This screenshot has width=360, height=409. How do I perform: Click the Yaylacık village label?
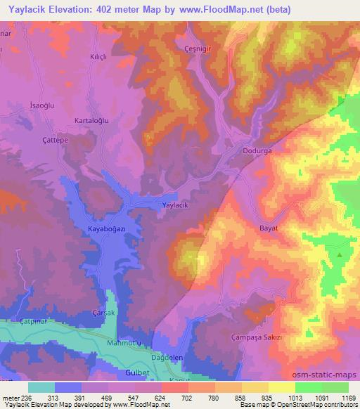(x=175, y=204)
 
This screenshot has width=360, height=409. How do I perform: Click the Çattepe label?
(x=53, y=140)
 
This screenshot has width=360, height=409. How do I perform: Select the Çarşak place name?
(x=104, y=312)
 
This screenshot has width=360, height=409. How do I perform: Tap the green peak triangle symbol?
(x=340, y=256)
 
